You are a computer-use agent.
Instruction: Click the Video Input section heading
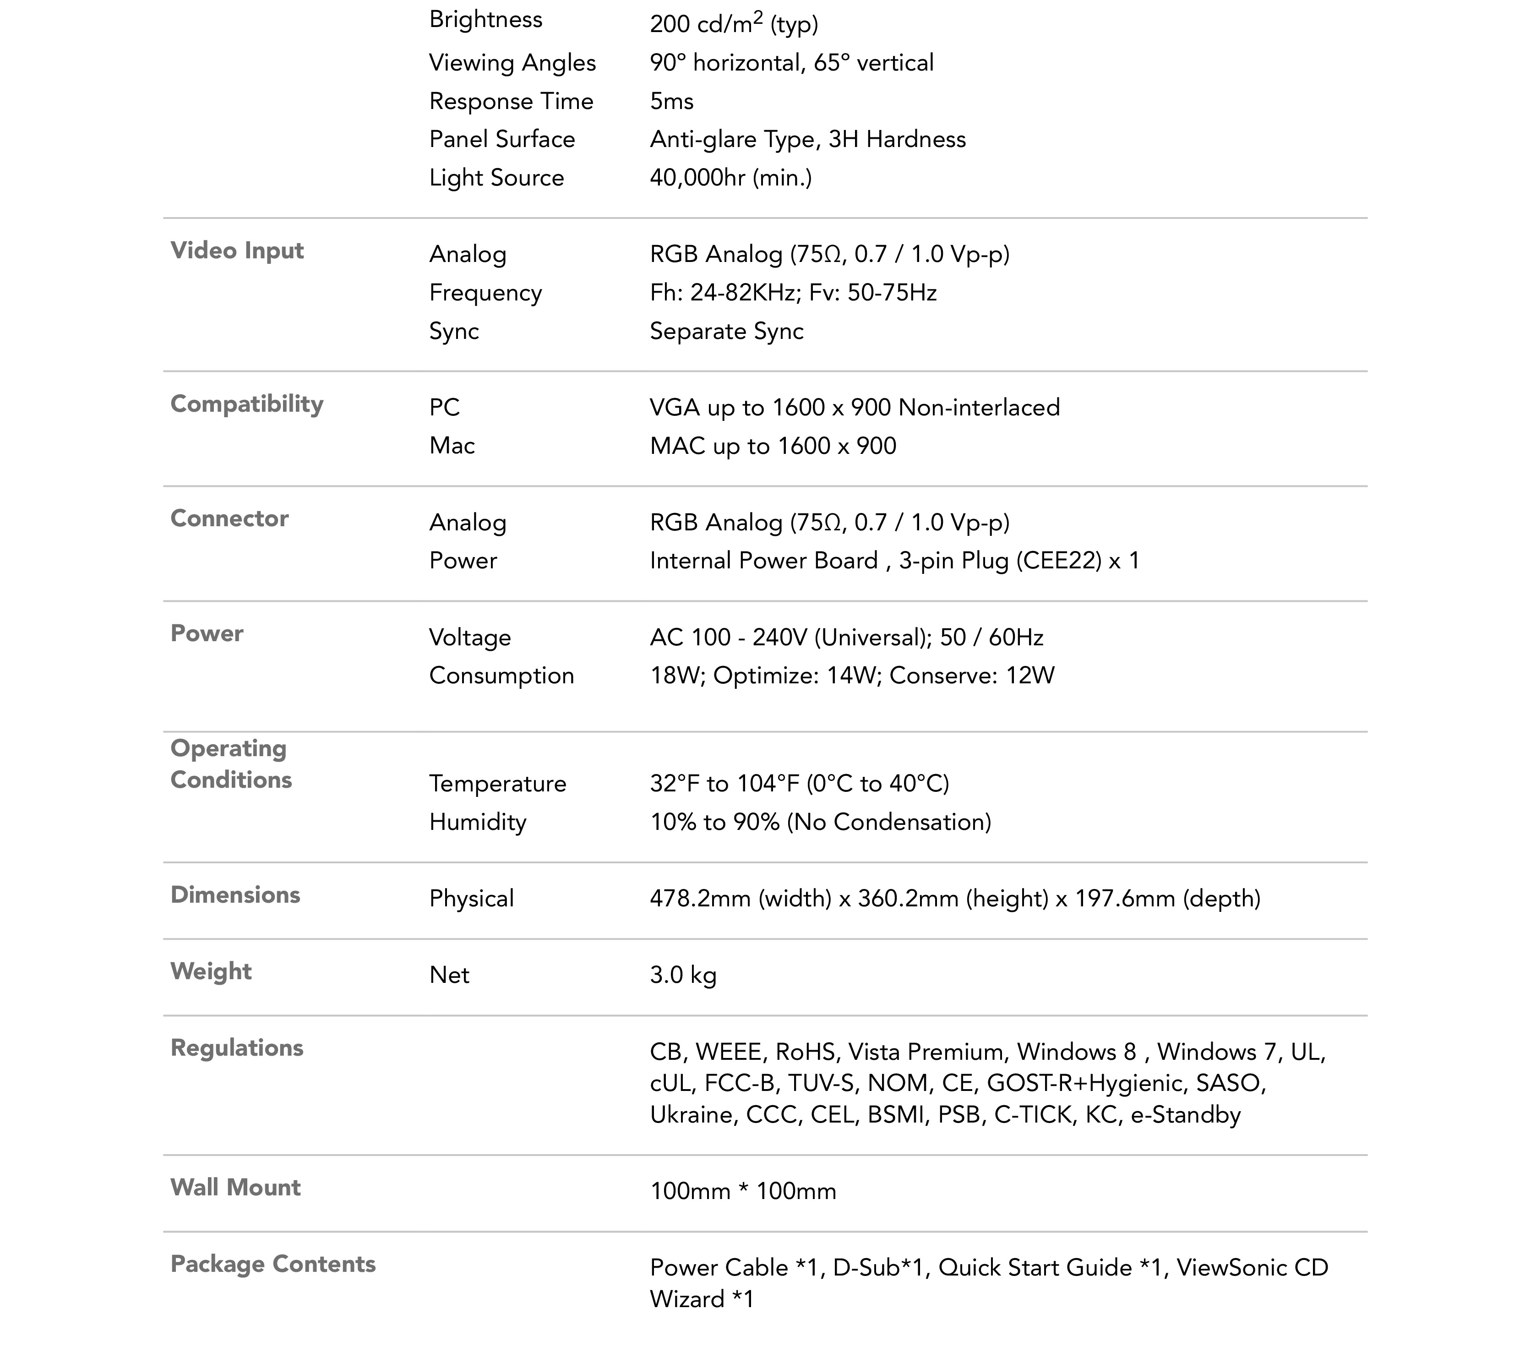[x=237, y=251]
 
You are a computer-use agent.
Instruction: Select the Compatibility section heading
[x=247, y=404]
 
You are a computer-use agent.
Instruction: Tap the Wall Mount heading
[x=235, y=1187]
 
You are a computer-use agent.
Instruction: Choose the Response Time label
[x=511, y=101]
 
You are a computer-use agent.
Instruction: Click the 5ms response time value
[x=671, y=101]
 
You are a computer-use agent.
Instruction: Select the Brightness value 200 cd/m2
[x=733, y=24]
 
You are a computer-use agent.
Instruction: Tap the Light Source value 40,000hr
[x=730, y=178]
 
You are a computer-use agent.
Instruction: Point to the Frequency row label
[x=485, y=293]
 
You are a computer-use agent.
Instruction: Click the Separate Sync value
[x=726, y=331]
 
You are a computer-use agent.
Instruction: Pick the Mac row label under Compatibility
[x=452, y=446]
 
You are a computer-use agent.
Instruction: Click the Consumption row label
[x=501, y=675]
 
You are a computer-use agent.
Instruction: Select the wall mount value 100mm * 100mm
[x=743, y=1192]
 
